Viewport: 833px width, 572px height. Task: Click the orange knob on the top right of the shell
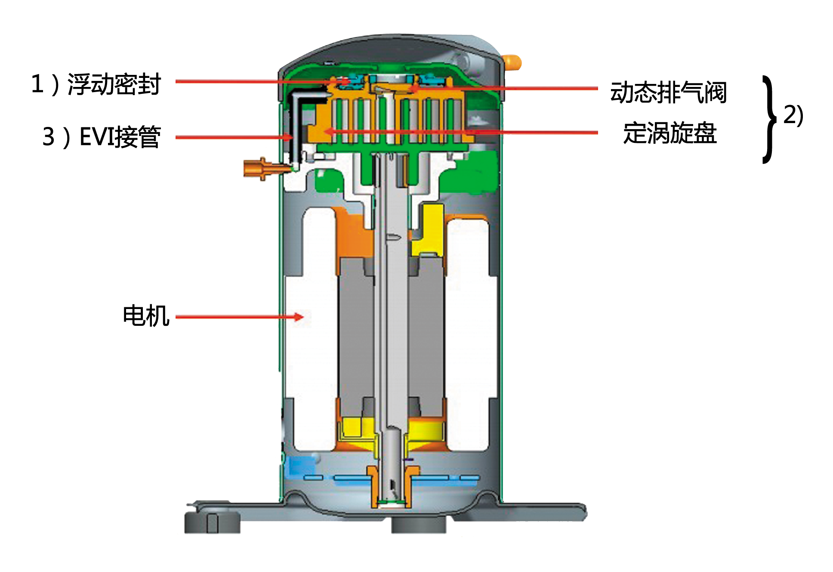[x=513, y=62]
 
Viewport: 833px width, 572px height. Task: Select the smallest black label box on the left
[x=146, y=315]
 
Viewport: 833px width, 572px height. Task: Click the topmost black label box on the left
[x=97, y=84]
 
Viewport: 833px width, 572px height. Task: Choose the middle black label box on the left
[x=102, y=137]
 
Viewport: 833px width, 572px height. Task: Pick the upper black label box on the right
[x=668, y=92]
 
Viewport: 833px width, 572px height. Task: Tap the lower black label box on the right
[x=670, y=133]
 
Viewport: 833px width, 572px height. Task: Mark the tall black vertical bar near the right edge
[x=769, y=120]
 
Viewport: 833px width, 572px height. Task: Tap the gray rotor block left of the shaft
[x=355, y=336]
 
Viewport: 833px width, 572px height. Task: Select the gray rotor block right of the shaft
[x=426, y=336]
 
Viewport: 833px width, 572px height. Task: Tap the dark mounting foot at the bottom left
[x=212, y=522]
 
